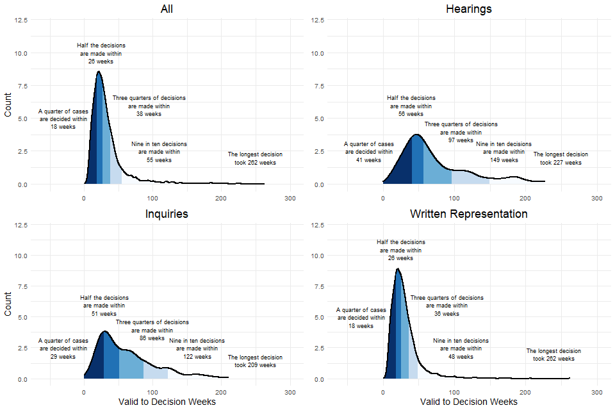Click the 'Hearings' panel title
(x=468, y=9)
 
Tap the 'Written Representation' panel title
(x=468, y=214)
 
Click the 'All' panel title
(x=167, y=9)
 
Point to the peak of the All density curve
(x=98, y=72)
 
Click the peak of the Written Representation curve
(x=398, y=269)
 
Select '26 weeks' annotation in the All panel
(x=101, y=61)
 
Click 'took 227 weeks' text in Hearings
(x=561, y=163)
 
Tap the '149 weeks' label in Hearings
(x=504, y=160)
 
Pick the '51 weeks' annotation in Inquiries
(x=104, y=314)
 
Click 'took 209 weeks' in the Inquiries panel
(x=255, y=365)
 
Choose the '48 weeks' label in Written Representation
(x=461, y=356)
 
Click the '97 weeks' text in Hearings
(x=461, y=140)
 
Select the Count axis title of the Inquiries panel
(x=8, y=304)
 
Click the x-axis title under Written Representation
(x=468, y=402)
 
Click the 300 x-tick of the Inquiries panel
(x=290, y=392)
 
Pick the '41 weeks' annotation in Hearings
(x=369, y=160)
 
